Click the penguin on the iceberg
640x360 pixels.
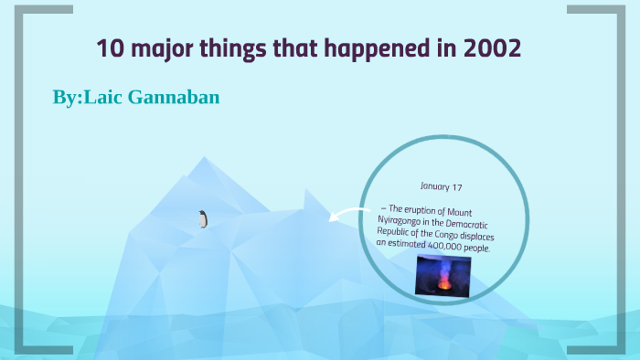(203, 218)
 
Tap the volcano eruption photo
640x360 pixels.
(444, 274)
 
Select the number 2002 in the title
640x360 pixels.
(494, 48)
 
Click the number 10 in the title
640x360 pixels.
(109, 48)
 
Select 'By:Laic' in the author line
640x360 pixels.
(86, 96)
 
